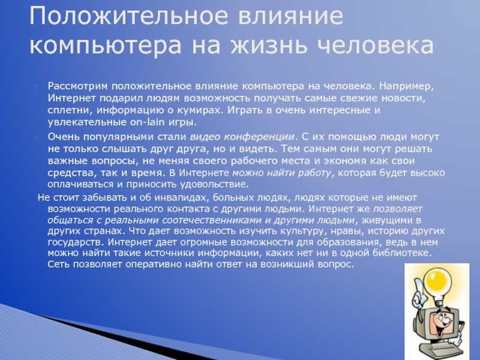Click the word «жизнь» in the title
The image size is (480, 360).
[268, 46]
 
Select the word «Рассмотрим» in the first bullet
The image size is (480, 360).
[78, 86]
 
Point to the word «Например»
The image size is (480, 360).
[406, 86]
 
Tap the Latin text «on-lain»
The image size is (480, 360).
[147, 122]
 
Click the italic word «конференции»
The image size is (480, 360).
[260, 137]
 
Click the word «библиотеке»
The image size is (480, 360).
[401, 253]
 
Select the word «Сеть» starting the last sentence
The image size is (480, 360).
[59, 264]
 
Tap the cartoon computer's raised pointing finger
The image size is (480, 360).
[417, 288]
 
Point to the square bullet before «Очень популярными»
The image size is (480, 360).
[36, 137]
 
